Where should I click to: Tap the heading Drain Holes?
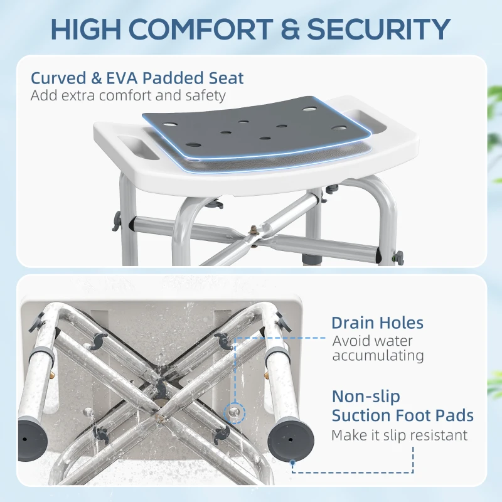pyautogui.click(x=377, y=323)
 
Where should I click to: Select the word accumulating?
pyautogui.click(x=378, y=356)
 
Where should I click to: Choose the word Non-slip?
pyautogui.click(x=366, y=397)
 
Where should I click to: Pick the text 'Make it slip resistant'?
pyautogui.click(x=399, y=435)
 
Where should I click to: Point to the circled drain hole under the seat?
pyautogui.click(x=233, y=411)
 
